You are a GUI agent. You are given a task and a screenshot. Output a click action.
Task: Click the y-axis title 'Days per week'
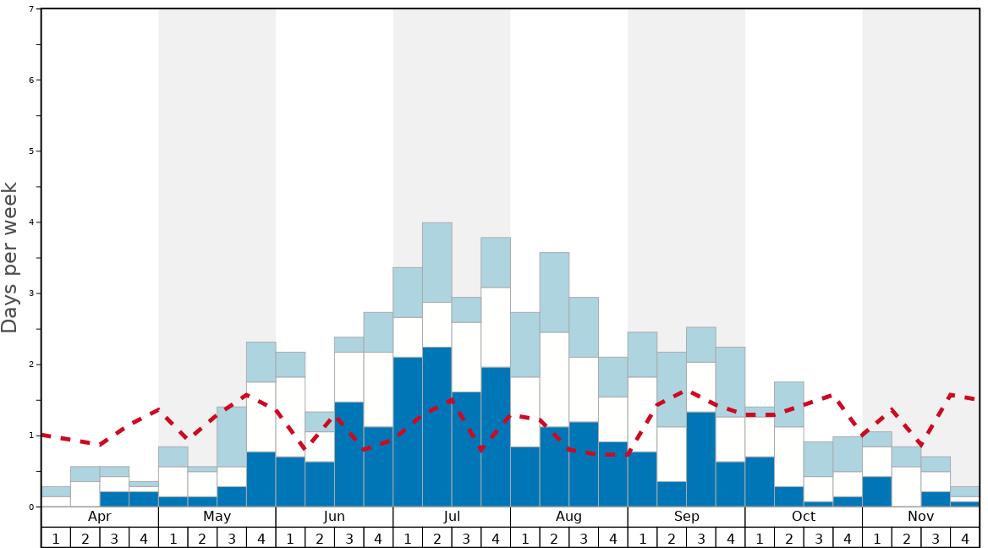pos(10,257)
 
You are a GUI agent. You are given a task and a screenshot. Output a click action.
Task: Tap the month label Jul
pos(452,517)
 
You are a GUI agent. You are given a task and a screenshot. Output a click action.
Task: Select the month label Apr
pos(100,517)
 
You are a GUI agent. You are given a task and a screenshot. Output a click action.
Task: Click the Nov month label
pos(921,517)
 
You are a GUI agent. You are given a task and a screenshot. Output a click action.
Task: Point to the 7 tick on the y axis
pos(31,9)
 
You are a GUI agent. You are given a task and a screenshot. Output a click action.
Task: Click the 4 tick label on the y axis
pos(31,222)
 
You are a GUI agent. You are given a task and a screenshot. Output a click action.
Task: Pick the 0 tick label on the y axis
pos(31,507)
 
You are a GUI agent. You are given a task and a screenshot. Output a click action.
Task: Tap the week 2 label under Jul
pos(437,537)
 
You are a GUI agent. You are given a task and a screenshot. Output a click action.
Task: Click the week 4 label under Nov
pos(965,537)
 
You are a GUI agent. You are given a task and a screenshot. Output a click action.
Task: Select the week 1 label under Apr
pos(56,537)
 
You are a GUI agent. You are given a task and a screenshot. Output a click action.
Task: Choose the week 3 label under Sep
pos(701,537)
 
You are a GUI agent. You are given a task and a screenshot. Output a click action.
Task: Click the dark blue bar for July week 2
pos(437,426)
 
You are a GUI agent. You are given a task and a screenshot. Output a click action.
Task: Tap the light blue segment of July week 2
pos(437,262)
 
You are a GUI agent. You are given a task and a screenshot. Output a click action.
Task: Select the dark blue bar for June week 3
pos(349,454)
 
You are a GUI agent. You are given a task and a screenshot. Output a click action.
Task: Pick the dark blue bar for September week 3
pos(701,459)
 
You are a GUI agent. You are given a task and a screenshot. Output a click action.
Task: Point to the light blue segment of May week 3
pos(232,436)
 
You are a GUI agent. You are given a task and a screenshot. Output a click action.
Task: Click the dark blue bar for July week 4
pos(496,436)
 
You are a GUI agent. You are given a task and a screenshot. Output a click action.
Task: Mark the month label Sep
pos(687,517)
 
